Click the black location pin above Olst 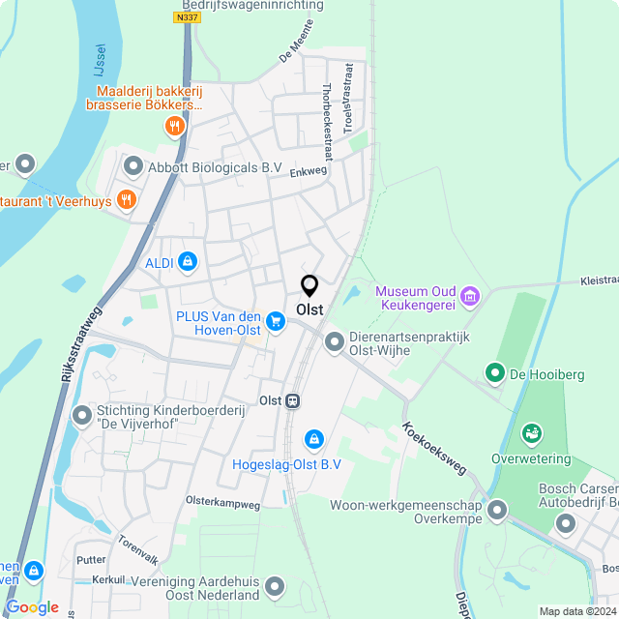pyautogui.click(x=309, y=286)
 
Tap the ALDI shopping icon pyautogui.click(x=187, y=262)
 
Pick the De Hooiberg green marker pyautogui.click(x=494, y=371)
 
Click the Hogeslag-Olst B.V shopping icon pyautogui.click(x=313, y=440)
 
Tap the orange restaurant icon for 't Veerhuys pyautogui.click(x=125, y=200)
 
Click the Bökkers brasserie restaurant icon pyautogui.click(x=174, y=125)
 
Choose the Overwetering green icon pyautogui.click(x=530, y=432)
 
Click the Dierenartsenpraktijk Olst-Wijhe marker pyautogui.click(x=335, y=341)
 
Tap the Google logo pyautogui.click(x=32, y=606)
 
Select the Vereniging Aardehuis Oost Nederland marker pyautogui.click(x=276, y=586)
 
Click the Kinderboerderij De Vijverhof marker pyautogui.click(x=82, y=416)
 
